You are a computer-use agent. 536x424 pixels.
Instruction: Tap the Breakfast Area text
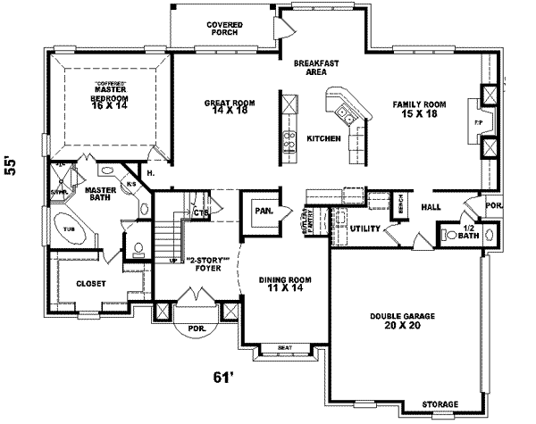click(x=315, y=68)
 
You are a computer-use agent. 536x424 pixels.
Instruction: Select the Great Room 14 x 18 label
click(x=230, y=107)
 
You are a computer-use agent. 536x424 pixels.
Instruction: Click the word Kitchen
click(x=322, y=139)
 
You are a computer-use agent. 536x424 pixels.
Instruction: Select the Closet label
click(x=90, y=284)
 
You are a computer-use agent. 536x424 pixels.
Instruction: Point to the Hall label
click(x=431, y=206)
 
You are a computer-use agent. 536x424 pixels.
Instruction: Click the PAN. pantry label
click(x=263, y=212)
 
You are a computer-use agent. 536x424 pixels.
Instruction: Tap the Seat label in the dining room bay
click(x=285, y=348)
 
